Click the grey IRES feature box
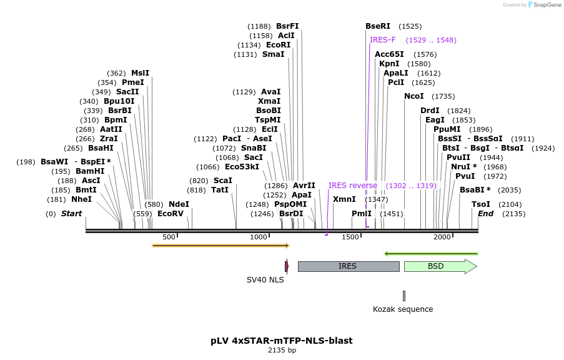tap(348, 266)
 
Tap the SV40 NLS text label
tap(265, 280)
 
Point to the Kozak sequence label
tap(403, 309)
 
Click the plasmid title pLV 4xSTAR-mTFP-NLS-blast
tap(282, 341)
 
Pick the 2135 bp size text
tap(282, 351)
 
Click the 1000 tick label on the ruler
tap(259, 237)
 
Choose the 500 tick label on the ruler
tap(169, 237)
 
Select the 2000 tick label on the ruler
tap(442, 237)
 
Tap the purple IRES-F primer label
tap(382, 40)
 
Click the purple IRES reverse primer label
tap(353, 186)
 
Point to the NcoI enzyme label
tap(414, 96)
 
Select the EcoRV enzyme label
tap(171, 214)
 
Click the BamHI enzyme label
tap(90, 171)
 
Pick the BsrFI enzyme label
tap(287, 26)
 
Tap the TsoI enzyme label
tap(481, 204)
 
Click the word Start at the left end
tap(71, 214)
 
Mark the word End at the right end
tap(486, 214)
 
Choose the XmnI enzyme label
tap(344, 199)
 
